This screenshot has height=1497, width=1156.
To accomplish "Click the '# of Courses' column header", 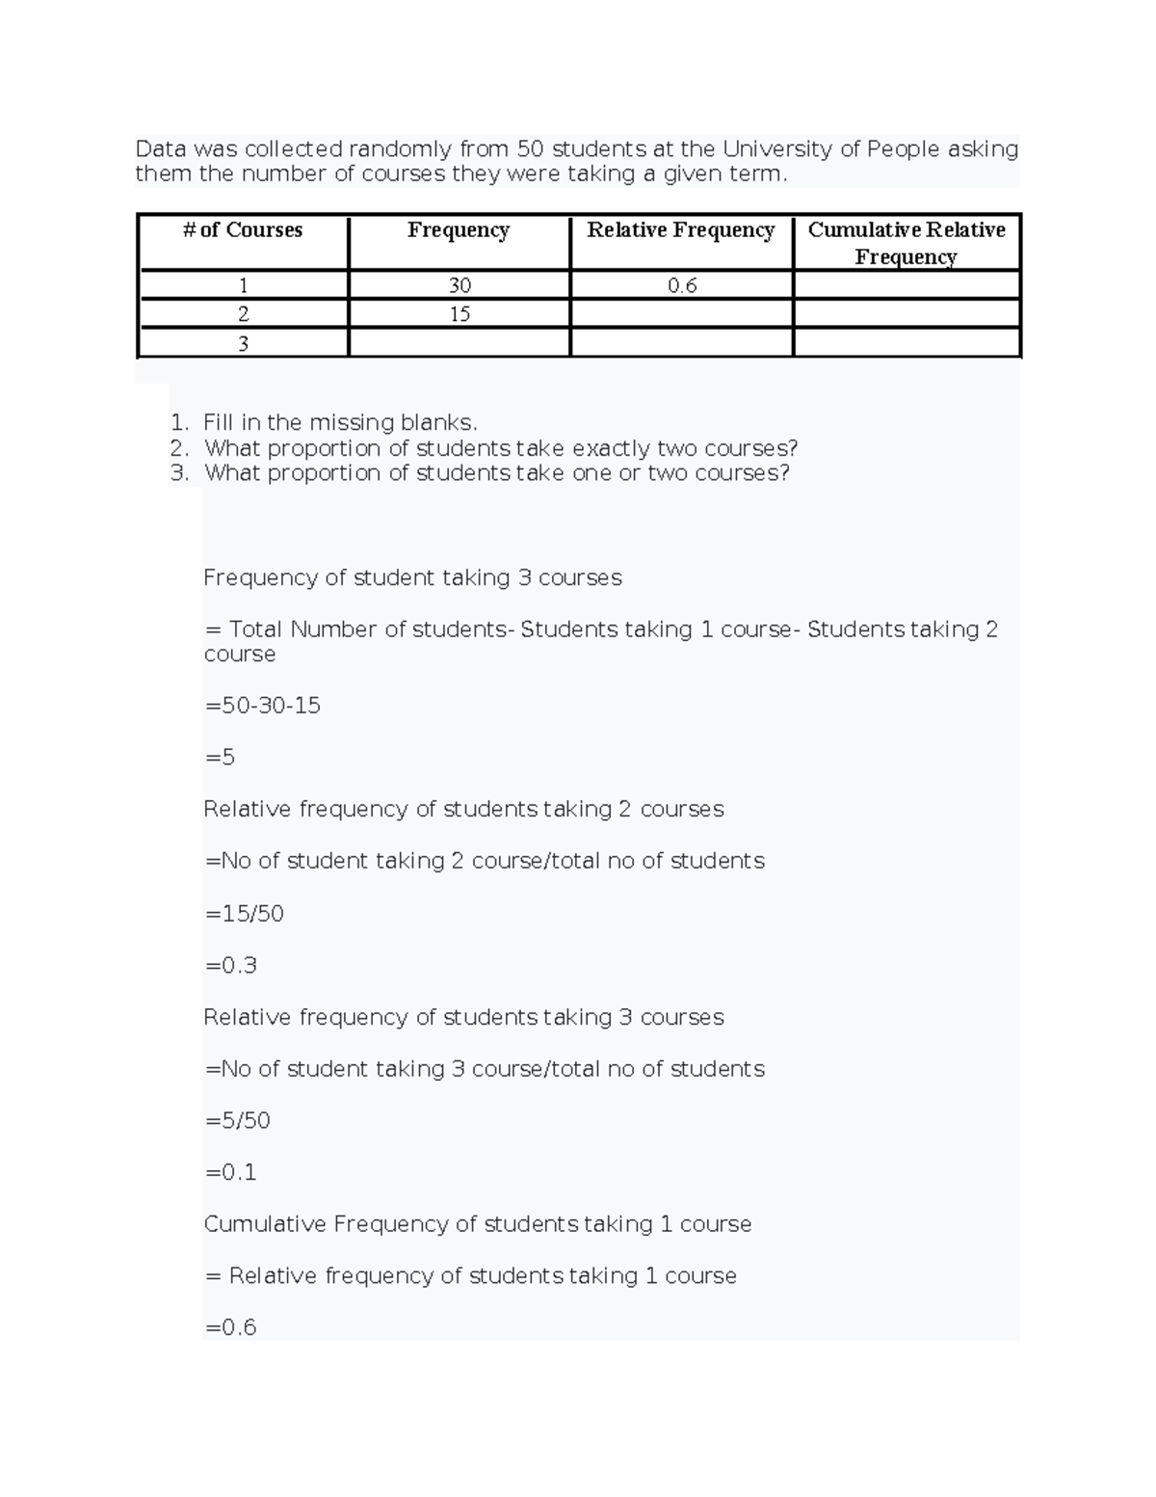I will pos(243,230).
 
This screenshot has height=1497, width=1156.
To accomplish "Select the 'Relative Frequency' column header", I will pos(681,230).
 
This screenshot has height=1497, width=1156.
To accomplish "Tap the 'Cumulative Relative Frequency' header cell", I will pos(906,243).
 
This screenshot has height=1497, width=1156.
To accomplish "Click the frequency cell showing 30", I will pos(460,285).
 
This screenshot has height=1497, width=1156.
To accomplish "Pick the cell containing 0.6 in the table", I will pos(682,285).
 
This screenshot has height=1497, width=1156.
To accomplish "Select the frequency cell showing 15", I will pos(460,314).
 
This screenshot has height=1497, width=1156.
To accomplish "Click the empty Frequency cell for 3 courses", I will pos(460,343).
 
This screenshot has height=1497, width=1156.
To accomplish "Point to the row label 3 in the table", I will pos(243,343).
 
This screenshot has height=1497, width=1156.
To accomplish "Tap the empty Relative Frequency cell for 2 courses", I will pos(681,314).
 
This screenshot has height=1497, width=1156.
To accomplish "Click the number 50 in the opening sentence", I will pos(530,149).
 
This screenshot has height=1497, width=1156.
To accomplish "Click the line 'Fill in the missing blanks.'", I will pos(340,422).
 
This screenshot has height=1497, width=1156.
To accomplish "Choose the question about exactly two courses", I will pos(501,448).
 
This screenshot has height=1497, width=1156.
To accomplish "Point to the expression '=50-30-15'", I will pos(263,706).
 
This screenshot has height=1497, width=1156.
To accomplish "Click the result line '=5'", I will pos(221,758).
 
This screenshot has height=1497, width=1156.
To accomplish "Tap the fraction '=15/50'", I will pos(245,914).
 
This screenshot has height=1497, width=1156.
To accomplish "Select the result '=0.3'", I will pos(231,966).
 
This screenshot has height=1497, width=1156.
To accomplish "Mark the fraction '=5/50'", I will pos(238,1121).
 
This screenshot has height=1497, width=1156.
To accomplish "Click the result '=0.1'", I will pos(231,1173).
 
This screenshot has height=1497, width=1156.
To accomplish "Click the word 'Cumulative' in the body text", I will pos(265,1224).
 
